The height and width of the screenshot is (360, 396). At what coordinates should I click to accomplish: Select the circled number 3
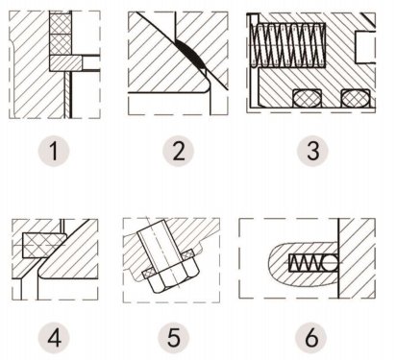point(308,151)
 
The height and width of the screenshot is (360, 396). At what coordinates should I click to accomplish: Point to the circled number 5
point(175,337)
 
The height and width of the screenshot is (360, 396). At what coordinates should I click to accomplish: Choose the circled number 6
point(308,337)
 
